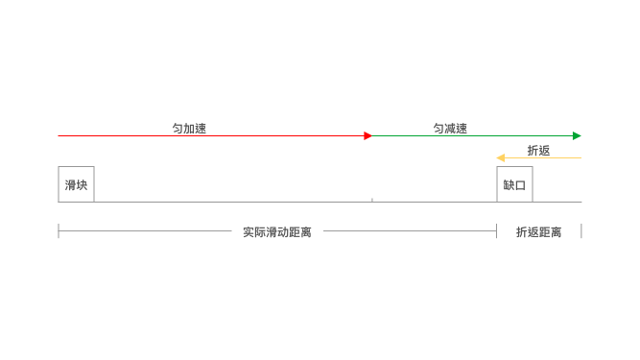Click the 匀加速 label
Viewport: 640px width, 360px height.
click(189, 128)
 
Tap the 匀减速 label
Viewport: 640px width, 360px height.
click(450, 128)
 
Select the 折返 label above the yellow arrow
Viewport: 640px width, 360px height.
click(538, 150)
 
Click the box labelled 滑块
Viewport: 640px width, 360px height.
click(76, 184)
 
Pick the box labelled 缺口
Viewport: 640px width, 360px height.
click(514, 184)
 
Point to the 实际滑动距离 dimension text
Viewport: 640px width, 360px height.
click(277, 232)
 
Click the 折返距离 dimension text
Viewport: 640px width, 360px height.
click(538, 232)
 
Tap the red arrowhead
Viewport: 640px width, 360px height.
click(367, 135)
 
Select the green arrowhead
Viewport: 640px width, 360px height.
click(577, 135)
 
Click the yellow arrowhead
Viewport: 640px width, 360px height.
click(500, 157)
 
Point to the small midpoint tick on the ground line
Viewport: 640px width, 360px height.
click(372, 200)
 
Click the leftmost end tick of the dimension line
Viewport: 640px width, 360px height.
click(59, 230)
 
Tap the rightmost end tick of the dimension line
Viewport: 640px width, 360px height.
click(581, 230)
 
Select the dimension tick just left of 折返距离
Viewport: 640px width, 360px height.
click(496, 230)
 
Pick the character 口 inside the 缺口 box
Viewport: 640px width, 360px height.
click(521, 184)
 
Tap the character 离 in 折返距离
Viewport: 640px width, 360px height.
click(556, 232)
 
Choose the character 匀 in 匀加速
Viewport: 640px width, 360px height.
click(178, 128)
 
